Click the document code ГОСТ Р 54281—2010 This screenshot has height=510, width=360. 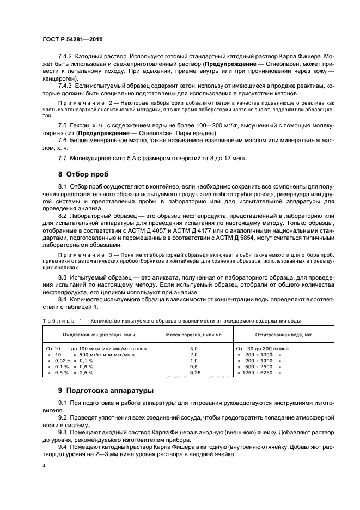click(x=72, y=40)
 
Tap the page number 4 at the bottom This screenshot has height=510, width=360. click(x=43, y=466)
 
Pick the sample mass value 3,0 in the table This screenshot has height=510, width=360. click(x=193, y=348)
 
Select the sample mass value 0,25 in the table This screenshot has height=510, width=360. click(x=193, y=373)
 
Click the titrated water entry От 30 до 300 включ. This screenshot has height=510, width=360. click(x=263, y=348)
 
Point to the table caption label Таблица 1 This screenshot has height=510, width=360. click(x=63, y=321)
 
